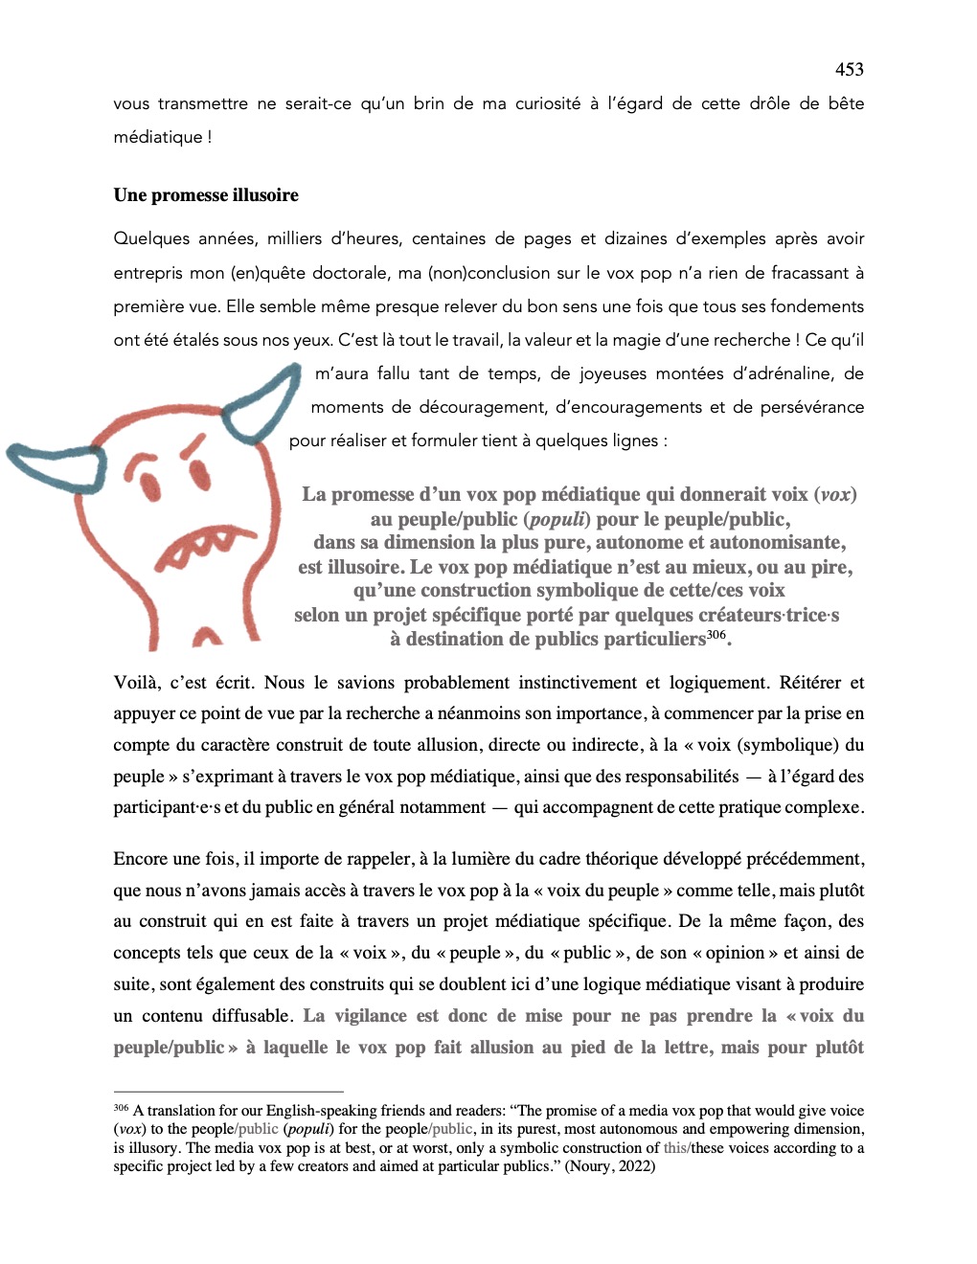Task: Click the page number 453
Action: [x=849, y=69]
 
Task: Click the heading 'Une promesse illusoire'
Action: [x=206, y=195]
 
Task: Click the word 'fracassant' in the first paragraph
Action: [x=810, y=273]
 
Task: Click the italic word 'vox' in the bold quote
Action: [x=835, y=495]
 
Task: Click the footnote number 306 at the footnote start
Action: [x=121, y=1108]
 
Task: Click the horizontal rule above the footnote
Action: [x=228, y=1092]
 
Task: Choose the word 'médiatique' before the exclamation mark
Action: [x=158, y=137]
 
